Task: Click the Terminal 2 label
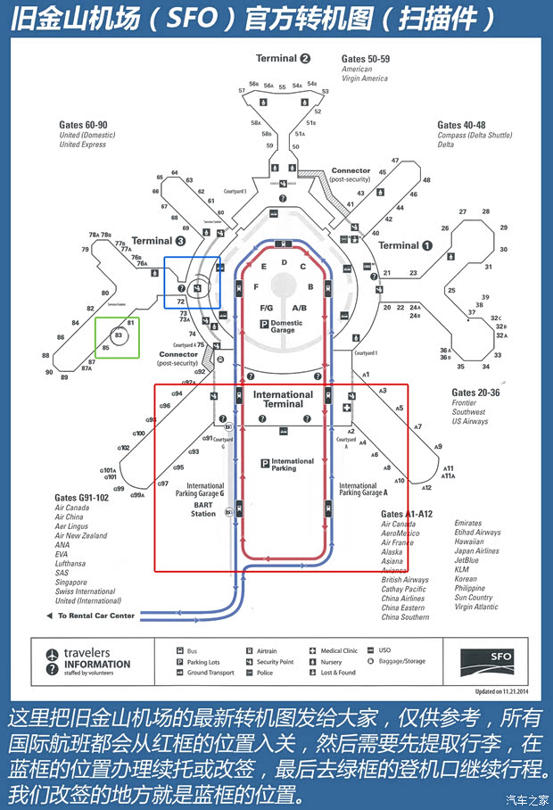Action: (x=283, y=59)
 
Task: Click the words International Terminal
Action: (x=283, y=399)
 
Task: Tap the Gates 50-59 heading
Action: (x=366, y=59)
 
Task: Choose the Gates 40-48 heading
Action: (x=461, y=125)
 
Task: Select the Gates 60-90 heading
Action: (x=83, y=125)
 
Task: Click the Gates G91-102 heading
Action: (x=81, y=497)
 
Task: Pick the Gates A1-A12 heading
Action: (x=406, y=514)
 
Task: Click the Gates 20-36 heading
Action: (x=475, y=393)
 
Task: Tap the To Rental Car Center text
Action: (x=96, y=616)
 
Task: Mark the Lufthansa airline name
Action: (x=70, y=564)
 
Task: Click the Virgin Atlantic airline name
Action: (x=475, y=607)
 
